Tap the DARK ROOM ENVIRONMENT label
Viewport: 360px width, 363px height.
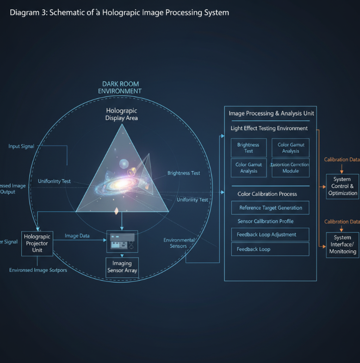[120, 88]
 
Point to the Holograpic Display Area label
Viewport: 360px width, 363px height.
[122, 114]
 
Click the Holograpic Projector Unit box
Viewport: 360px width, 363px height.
[37, 243]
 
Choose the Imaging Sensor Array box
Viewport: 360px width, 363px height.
[122, 267]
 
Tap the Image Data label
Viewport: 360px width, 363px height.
[77, 236]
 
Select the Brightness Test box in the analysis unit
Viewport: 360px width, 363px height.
[248, 148]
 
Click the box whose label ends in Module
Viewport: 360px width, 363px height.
[290, 168]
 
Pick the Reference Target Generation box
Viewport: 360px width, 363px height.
[270, 208]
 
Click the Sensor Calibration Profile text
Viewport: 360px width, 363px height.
[265, 221]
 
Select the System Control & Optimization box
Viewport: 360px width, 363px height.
[342, 186]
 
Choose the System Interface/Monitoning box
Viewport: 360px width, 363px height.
[342, 244]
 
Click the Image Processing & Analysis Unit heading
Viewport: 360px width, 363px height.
[272, 113]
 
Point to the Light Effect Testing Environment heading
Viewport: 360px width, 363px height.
[269, 128]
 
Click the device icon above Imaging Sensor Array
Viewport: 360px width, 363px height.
[122, 241]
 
